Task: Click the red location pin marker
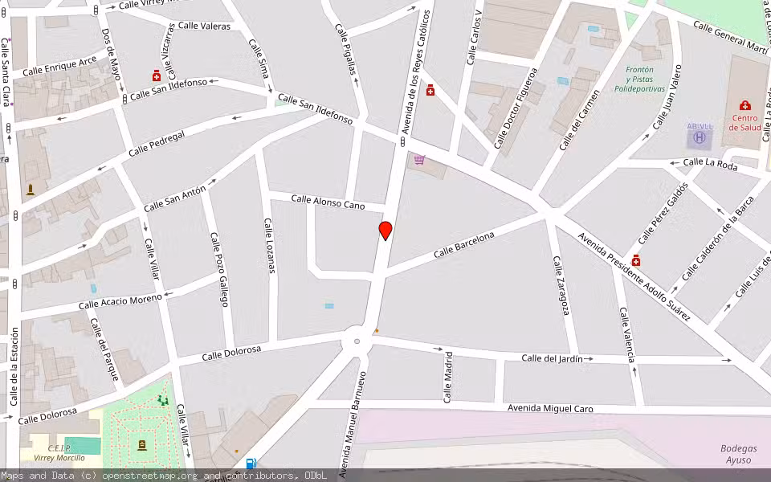385,231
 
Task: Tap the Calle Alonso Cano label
328,202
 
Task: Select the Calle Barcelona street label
464,244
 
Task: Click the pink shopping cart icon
419,160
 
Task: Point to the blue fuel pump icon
251,463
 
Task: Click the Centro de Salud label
744,122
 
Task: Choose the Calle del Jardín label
552,358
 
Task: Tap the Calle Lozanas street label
270,245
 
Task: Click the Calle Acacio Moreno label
120,302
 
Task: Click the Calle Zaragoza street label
561,285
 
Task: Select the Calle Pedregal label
157,144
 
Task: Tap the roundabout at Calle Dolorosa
356,342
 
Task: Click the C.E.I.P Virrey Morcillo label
54,452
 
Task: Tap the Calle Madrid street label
448,377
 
